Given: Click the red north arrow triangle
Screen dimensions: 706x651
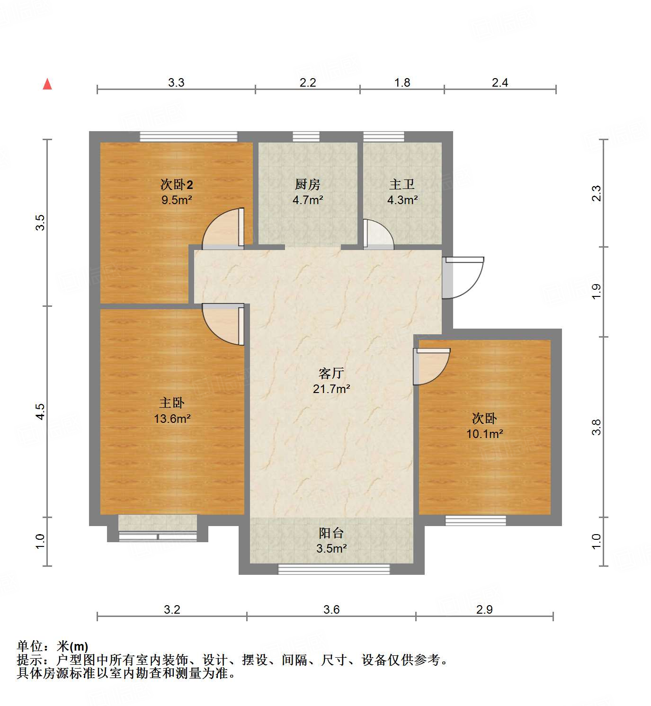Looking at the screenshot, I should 47,84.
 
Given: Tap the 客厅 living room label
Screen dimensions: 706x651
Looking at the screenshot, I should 331,374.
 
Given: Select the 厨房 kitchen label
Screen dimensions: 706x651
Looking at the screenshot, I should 307,184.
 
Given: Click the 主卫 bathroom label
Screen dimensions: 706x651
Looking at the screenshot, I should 402,184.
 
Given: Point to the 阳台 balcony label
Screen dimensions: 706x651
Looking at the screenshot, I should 331,533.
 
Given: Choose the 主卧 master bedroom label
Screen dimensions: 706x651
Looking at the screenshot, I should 172,403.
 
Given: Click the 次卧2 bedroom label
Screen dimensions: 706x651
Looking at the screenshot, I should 177,184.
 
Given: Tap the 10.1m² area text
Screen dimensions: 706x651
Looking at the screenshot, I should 484,434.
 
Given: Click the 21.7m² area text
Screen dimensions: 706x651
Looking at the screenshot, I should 331,389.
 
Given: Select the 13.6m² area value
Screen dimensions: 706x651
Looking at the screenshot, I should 172,419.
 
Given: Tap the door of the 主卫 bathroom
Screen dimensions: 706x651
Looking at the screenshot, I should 377,234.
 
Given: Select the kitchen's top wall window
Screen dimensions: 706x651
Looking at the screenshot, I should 306,137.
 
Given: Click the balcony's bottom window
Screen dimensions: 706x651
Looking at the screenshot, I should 334,569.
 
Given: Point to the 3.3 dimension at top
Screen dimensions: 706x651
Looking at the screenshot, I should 176,83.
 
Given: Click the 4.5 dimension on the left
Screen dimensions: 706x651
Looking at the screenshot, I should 41,411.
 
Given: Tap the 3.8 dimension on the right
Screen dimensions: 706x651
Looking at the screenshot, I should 597,427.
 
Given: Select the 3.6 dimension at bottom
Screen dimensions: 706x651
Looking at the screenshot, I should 331,609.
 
